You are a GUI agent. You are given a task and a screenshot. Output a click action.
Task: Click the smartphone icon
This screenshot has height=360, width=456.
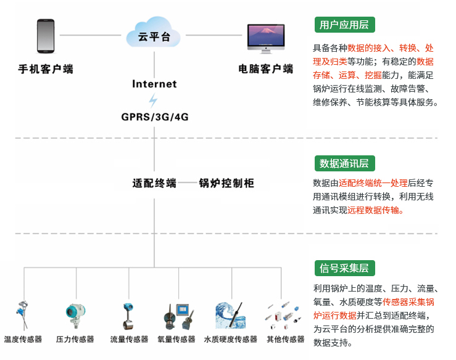coord(46,36)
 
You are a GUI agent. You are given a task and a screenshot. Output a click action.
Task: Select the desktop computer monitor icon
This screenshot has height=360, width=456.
coord(266,40)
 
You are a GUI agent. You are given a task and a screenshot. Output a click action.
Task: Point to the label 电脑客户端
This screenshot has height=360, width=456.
coord(266,69)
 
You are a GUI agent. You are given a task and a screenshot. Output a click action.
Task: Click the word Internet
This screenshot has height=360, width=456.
coord(154,84)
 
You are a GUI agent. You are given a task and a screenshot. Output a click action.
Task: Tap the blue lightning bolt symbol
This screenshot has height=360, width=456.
coord(154,100)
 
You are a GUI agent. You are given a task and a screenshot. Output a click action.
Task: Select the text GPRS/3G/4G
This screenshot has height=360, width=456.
coord(154,117)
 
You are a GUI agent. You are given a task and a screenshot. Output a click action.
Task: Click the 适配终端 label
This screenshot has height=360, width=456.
coord(154,183)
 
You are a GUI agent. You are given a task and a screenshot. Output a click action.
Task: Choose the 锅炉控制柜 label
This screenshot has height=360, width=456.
coord(226,183)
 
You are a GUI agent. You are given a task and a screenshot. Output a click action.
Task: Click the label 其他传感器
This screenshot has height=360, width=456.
coord(285,339)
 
